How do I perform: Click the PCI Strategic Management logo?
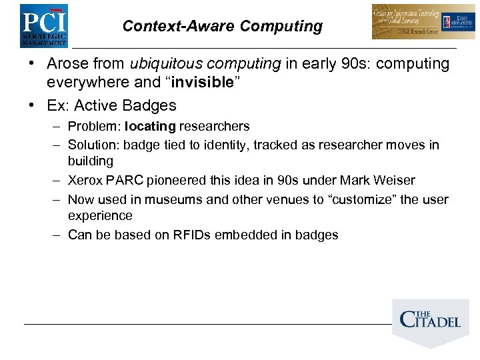tap(43, 25)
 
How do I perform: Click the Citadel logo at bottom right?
tap(430, 321)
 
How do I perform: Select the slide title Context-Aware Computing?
tap(222, 27)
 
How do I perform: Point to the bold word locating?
tap(150, 126)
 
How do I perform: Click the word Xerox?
tap(86, 180)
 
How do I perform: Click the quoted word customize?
tap(360, 199)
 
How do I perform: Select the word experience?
tap(100, 216)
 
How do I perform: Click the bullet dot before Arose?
tap(31, 64)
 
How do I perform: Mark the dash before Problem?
tap(57, 126)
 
